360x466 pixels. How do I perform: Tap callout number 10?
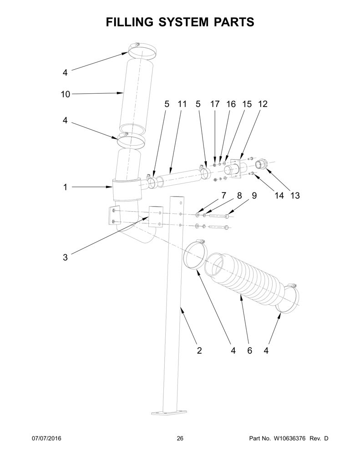click(x=66, y=94)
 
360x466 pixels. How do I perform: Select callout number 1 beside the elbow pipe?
click(x=65, y=187)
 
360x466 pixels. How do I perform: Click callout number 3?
click(x=65, y=257)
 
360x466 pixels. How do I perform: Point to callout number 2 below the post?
click(x=199, y=350)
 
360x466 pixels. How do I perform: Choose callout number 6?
click(x=249, y=351)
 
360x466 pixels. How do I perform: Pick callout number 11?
click(x=182, y=104)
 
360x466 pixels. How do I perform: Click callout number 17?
click(x=215, y=104)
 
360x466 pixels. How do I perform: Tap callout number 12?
click(x=263, y=104)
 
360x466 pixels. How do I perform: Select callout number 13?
click(x=295, y=196)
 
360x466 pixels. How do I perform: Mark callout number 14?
click(x=279, y=196)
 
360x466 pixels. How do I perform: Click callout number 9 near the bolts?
click(x=254, y=196)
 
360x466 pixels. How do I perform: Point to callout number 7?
click(x=223, y=196)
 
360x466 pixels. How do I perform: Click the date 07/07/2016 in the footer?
click(x=46, y=438)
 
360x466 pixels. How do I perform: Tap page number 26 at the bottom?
click(x=180, y=438)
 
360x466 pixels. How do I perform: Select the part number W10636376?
click(x=290, y=438)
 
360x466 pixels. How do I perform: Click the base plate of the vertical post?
click(x=169, y=413)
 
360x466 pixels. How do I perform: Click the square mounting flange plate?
click(x=235, y=169)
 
